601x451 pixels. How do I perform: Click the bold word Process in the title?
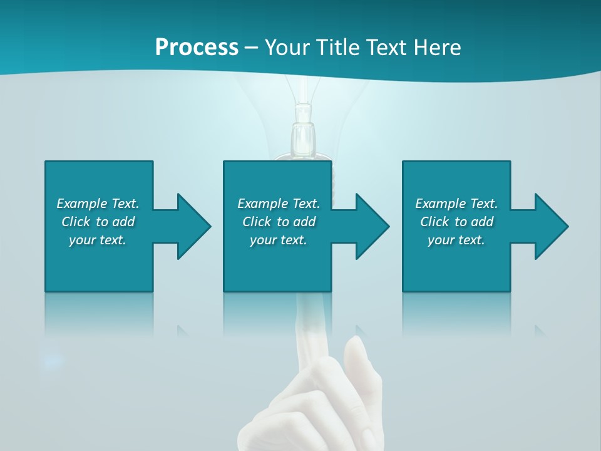pyautogui.click(x=197, y=47)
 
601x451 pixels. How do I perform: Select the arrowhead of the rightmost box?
pyautogui.click(x=550, y=226)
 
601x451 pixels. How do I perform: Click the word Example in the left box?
pyautogui.click(x=82, y=204)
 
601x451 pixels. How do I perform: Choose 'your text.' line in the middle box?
pyautogui.click(x=278, y=240)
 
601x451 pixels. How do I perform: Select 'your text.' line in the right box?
pyautogui.click(x=456, y=240)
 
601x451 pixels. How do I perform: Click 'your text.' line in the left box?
pyautogui.click(x=98, y=240)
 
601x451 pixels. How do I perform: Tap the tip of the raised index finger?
pyautogui.click(x=306, y=301)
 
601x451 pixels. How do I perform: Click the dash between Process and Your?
pyautogui.click(x=251, y=48)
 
